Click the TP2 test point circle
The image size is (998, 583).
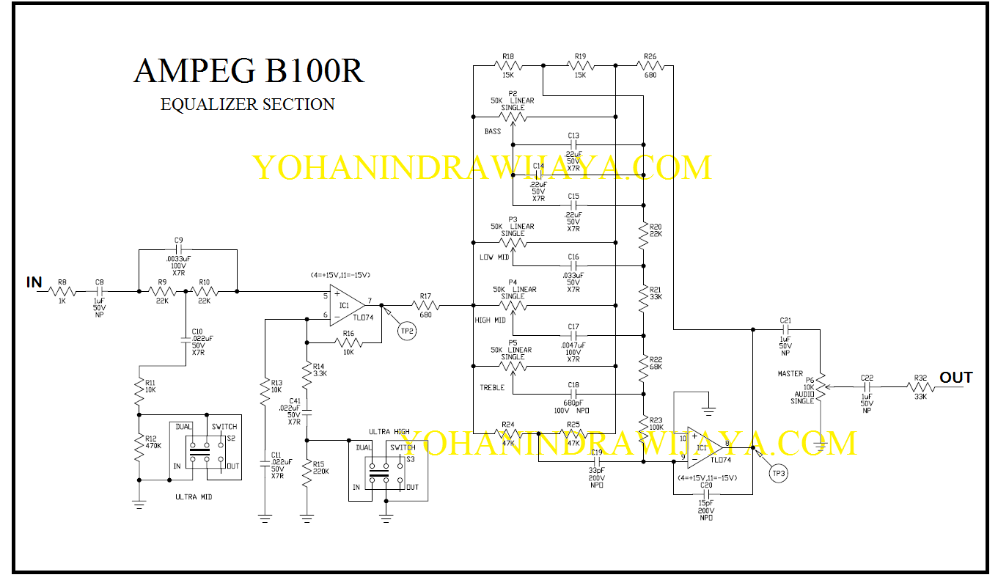click(x=406, y=331)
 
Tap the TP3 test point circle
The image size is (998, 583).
click(x=777, y=474)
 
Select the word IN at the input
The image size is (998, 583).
click(x=34, y=282)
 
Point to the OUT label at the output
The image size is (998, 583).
click(x=956, y=377)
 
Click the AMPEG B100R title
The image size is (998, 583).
click(x=249, y=71)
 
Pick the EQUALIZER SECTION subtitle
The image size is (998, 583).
click(x=248, y=105)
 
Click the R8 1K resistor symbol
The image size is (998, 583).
click(x=62, y=291)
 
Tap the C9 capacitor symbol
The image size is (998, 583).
click(x=178, y=250)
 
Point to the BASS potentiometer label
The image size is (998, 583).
click(x=493, y=132)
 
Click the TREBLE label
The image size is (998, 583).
click(x=493, y=387)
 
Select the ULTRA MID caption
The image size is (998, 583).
click(x=194, y=497)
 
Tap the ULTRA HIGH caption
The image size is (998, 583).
click(x=389, y=432)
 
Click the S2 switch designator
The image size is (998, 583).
click(x=231, y=439)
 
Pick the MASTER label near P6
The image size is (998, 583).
click(x=790, y=374)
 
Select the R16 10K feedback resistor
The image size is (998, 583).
click(x=349, y=342)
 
